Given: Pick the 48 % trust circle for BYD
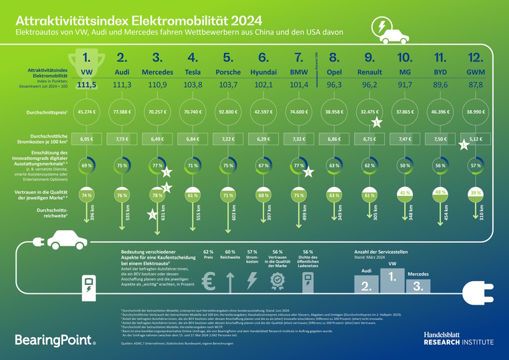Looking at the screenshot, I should (439, 191).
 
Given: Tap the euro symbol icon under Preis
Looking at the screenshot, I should (208, 281).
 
